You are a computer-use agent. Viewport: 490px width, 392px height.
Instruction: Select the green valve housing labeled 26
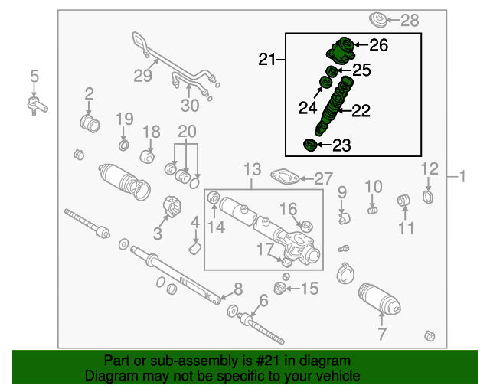click(x=341, y=51)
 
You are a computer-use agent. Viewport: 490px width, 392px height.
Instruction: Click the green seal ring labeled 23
click(x=311, y=145)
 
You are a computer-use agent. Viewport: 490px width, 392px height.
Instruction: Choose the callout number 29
click(x=143, y=75)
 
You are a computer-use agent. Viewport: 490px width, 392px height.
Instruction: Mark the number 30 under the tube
click(x=188, y=106)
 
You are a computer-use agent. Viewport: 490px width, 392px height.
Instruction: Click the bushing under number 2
click(x=90, y=122)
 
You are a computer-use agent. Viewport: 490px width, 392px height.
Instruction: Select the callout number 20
click(x=187, y=130)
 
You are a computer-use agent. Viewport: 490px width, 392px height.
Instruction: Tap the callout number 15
click(x=309, y=288)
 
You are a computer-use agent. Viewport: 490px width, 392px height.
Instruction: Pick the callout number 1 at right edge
click(x=462, y=178)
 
